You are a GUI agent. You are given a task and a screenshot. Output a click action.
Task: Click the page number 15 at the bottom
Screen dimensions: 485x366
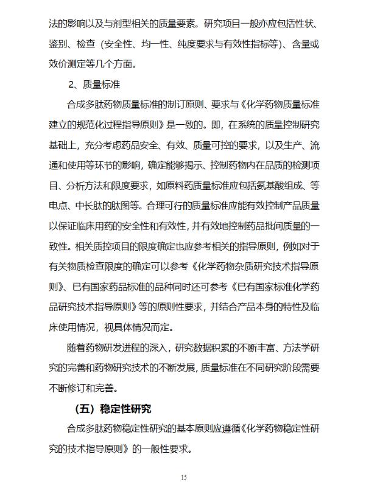tap(183, 476)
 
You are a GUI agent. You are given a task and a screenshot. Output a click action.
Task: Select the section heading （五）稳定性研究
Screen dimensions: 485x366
tap(111, 407)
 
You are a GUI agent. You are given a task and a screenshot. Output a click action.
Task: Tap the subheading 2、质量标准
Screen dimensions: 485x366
tap(94, 84)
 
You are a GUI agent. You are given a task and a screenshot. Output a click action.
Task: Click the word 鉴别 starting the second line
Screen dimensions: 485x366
tap(60, 45)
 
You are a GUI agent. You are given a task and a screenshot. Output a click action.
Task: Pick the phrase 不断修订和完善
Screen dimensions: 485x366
tap(84, 387)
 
